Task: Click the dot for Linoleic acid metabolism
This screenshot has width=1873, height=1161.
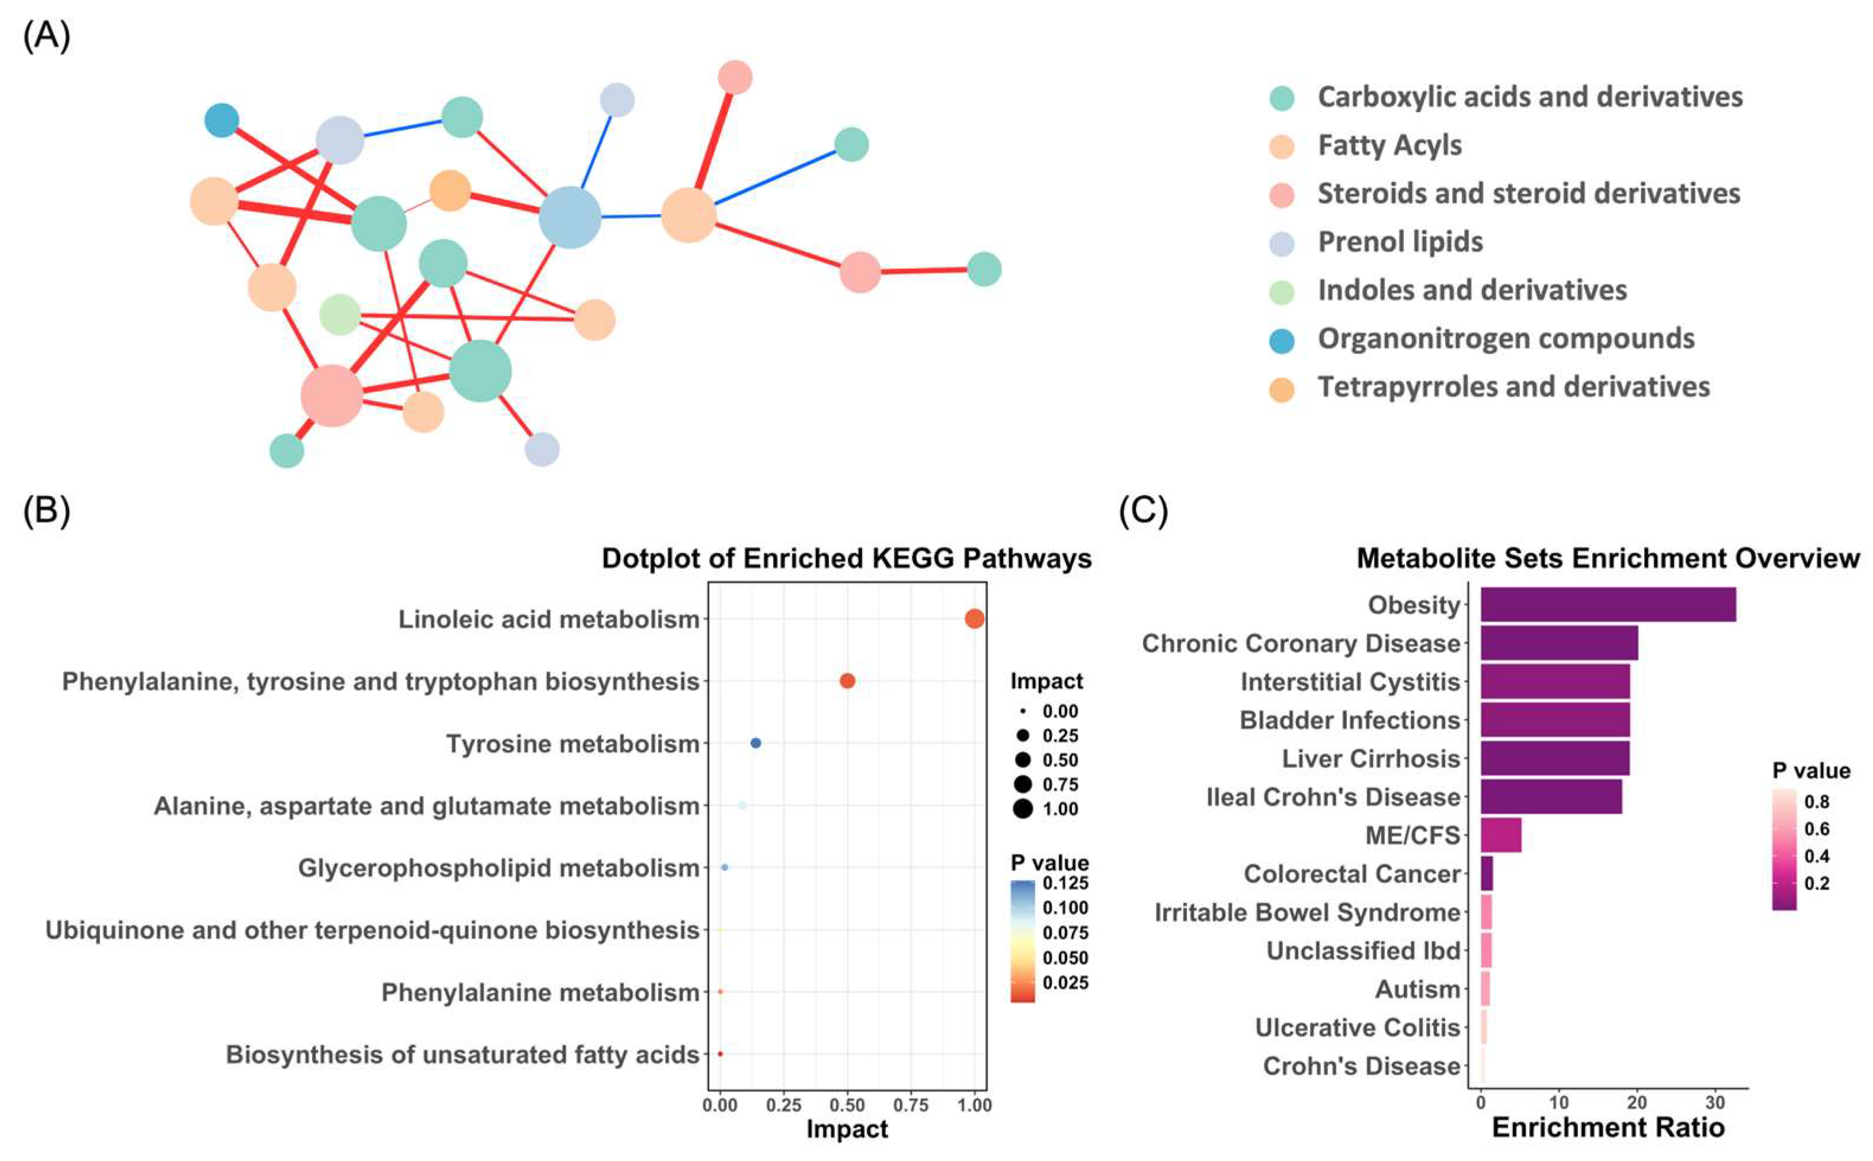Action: pyautogui.click(x=974, y=619)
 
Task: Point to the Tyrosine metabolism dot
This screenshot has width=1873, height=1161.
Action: pyautogui.click(x=755, y=743)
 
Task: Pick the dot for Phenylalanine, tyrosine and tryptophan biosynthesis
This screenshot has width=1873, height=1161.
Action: pyautogui.click(x=847, y=681)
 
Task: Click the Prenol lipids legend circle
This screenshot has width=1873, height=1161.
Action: pyautogui.click(x=1281, y=244)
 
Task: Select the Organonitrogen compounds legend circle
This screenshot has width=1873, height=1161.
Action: pyautogui.click(x=1281, y=340)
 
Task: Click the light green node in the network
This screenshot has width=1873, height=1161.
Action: pyautogui.click(x=340, y=314)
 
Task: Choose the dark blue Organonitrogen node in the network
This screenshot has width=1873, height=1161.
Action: pyautogui.click(x=222, y=120)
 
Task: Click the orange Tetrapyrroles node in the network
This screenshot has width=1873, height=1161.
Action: pyautogui.click(x=450, y=190)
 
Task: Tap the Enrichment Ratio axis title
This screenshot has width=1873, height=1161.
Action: pyautogui.click(x=1608, y=1127)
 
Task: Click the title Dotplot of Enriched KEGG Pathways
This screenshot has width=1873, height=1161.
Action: pyautogui.click(x=846, y=558)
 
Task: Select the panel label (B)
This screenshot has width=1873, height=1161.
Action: pyautogui.click(x=46, y=510)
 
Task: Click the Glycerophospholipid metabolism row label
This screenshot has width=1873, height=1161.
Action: pyautogui.click(x=498, y=868)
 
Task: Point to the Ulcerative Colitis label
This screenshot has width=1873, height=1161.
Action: pyautogui.click(x=1356, y=1028)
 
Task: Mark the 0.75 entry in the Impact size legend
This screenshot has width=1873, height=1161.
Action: pyautogui.click(x=1059, y=784)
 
